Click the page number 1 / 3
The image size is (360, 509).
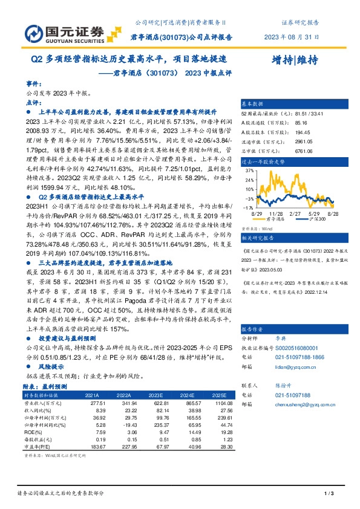pyautogui.click(x=330, y=494)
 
